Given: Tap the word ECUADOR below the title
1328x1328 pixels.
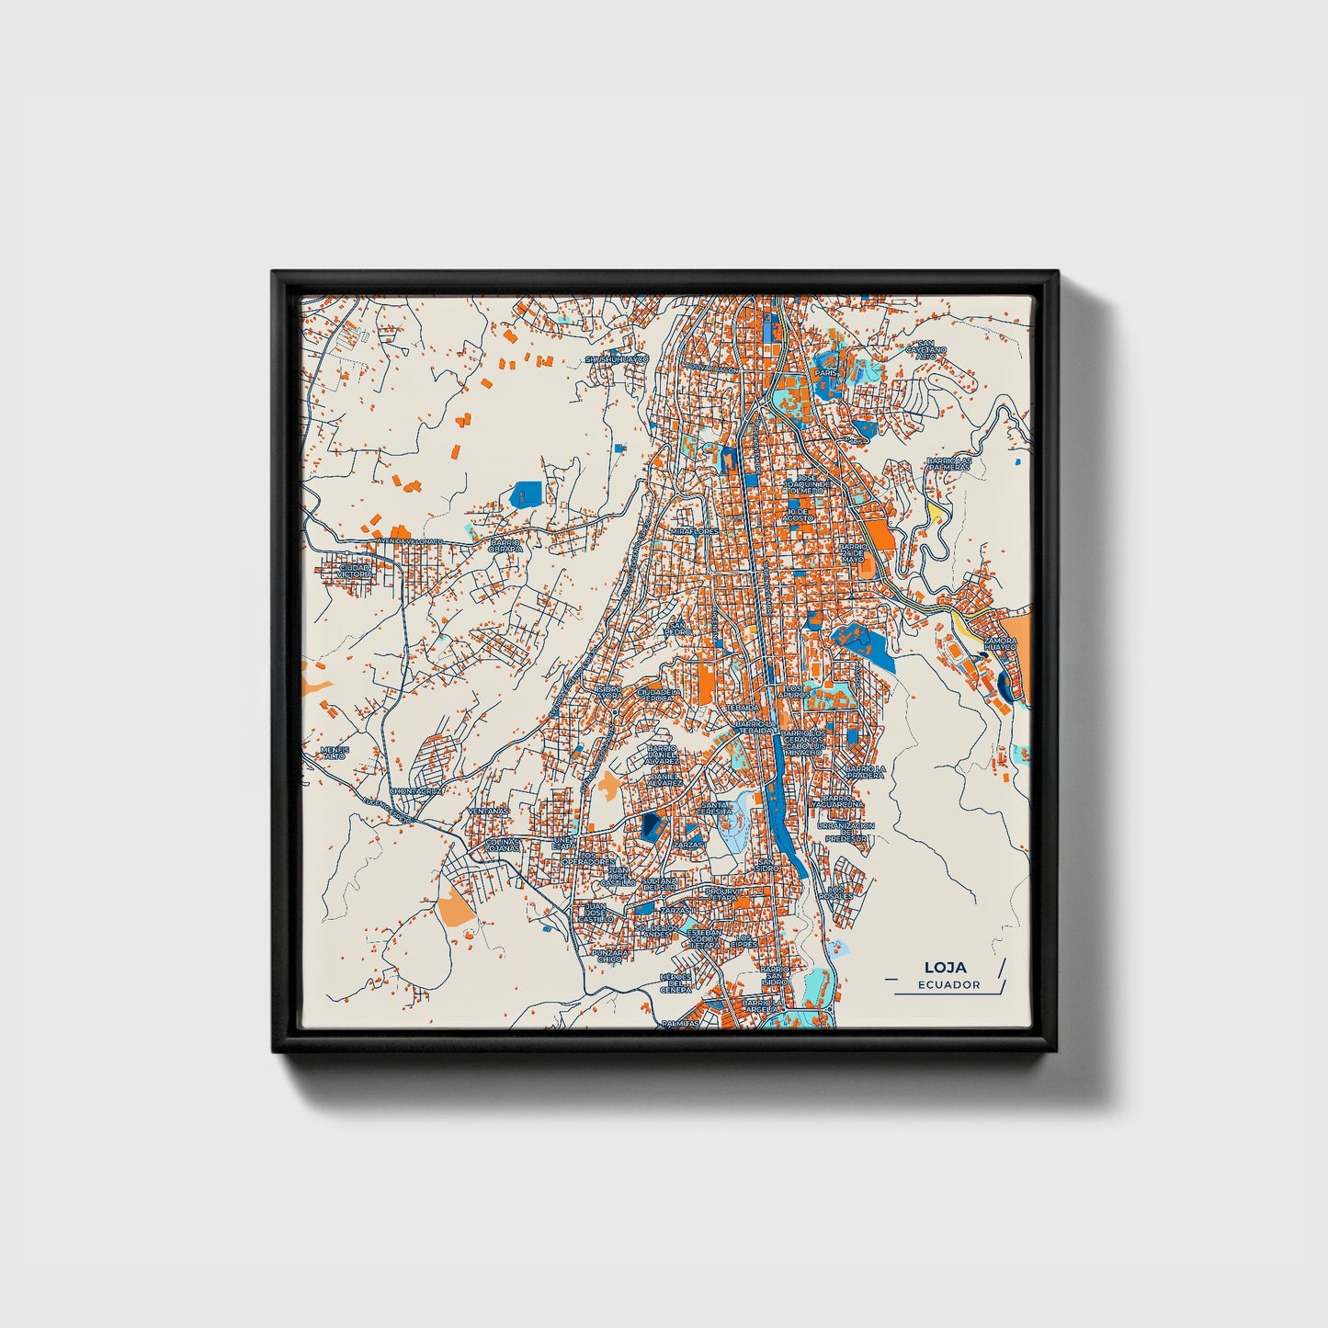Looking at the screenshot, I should point(948,985).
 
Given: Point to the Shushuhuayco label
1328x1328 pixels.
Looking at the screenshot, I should point(617,358).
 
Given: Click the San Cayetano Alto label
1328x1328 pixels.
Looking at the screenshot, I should point(925,350).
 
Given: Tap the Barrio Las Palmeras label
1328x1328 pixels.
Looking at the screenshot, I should point(948,463).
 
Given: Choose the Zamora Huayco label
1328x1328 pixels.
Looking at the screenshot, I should point(1000,643).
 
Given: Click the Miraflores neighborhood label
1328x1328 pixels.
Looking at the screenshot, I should point(693,531).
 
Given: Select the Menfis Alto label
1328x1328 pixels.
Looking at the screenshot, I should point(335,753).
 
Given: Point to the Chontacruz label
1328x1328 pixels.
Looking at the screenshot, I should point(416,790).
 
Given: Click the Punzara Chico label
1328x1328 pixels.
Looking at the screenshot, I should point(609,957).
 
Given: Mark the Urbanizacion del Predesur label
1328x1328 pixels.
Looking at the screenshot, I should point(846,832).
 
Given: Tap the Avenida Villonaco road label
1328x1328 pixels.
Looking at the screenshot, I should point(410,542).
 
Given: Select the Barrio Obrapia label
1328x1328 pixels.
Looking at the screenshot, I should point(505,546).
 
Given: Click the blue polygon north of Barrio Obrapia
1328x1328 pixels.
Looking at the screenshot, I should point(526,494).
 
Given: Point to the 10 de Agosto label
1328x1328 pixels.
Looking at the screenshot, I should point(797,515).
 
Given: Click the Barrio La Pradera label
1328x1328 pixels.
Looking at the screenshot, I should point(864,772).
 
